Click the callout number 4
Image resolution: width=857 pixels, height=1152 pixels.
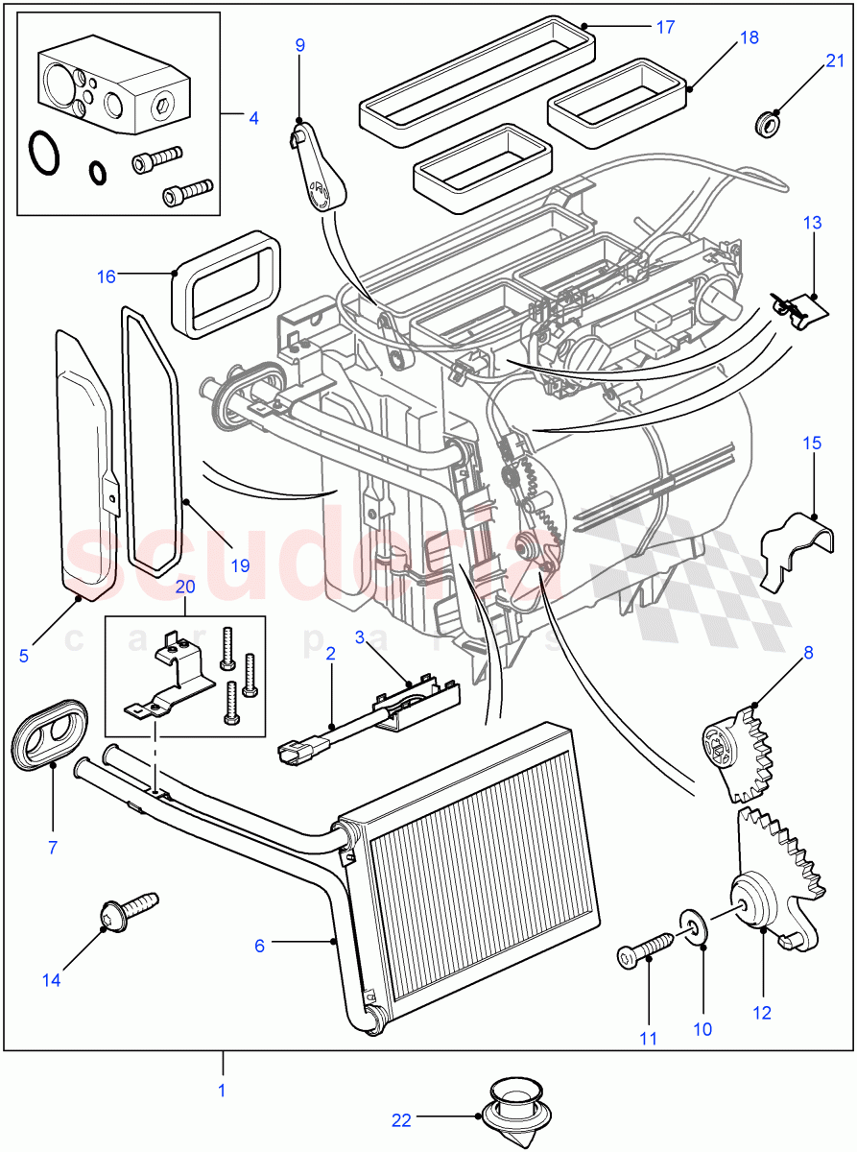[x=253, y=118]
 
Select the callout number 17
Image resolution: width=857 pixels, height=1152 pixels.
[x=665, y=27]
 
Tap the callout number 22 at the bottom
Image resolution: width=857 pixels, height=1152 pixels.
[x=401, y=1119]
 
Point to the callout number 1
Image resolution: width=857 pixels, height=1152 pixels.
[x=223, y=1091]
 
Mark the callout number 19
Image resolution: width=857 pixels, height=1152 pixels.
[x=240, y=565]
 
